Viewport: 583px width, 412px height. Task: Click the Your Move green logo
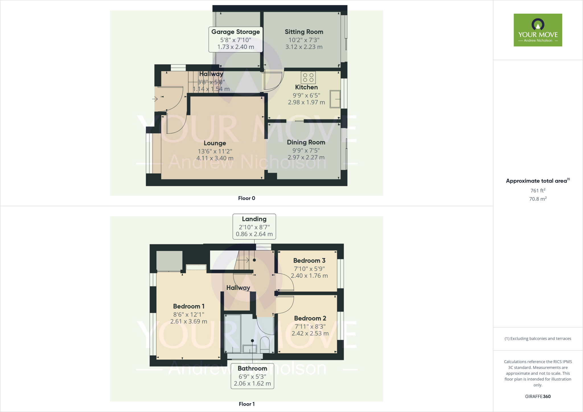point(538,30)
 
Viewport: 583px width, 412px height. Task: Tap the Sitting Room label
point(304,32)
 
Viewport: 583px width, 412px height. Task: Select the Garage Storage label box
point(235,39)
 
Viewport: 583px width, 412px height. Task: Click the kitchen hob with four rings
point(308,77)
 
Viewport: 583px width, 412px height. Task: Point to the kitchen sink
point(335,99)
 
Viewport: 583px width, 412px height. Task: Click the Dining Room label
point(306,142)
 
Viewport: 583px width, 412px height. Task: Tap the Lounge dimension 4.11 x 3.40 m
point(215,158)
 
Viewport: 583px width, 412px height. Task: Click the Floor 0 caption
point(247,198)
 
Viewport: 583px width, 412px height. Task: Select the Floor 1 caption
point(247,404)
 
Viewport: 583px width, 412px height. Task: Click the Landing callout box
point(254,226)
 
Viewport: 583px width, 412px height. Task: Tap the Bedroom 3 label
point(309,261)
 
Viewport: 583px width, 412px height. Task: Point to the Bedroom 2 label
point(310,318)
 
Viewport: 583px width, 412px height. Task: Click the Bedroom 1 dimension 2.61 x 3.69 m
point(189,322)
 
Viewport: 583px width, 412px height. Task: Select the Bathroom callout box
point(252,376)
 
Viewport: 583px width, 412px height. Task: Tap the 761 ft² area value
point(538,191)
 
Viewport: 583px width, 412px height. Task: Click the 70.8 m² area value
point(538,199)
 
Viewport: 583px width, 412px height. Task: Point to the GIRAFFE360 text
point(538,396)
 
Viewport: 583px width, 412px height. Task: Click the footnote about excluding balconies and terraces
point(538,339)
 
